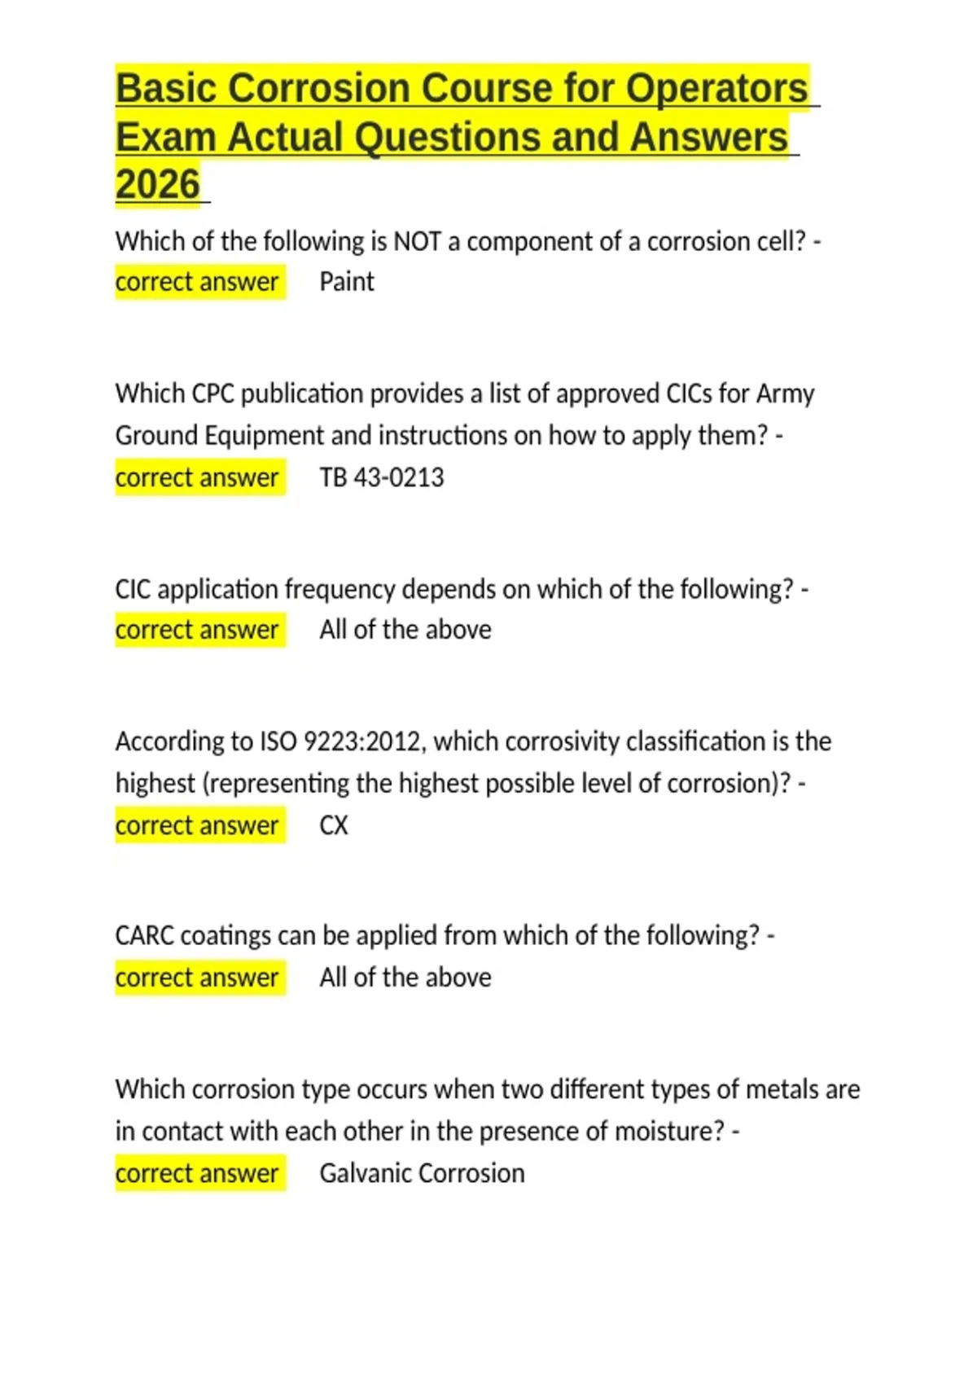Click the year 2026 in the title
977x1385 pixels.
click(158, 184)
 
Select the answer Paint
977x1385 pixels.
click(347, 282)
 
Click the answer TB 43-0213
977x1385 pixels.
click(382, 477)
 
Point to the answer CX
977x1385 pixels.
click(334, 825)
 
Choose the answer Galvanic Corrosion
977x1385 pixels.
click(422, 1173)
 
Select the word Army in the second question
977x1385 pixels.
click(785, 394)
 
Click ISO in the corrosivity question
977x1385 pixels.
click(278, 741)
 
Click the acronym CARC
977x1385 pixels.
click(144, 935)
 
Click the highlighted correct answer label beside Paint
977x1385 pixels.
click(197, 282)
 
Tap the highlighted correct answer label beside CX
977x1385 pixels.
click(197, 825)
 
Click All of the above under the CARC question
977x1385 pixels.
click(405, 978)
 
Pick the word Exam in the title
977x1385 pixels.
click(166, 137)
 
